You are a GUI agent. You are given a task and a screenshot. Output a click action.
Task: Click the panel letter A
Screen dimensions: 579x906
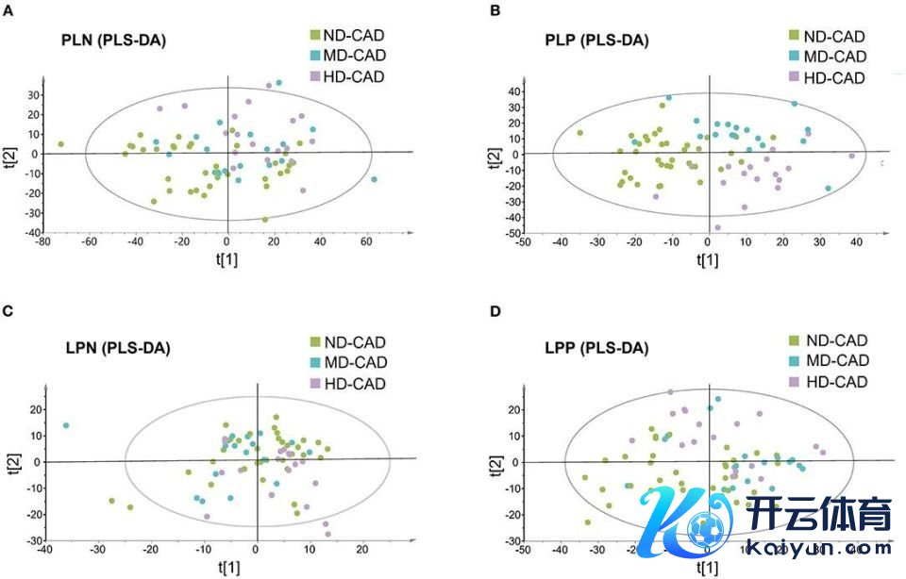8,9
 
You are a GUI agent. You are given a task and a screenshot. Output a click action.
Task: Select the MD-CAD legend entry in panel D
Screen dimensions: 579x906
826,361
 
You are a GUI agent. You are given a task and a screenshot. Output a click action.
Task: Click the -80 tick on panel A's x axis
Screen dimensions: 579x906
42,240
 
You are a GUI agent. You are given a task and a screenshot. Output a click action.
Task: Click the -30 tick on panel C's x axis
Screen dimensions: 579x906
96,547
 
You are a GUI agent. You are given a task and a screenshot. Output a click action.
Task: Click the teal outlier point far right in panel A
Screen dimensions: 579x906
375,179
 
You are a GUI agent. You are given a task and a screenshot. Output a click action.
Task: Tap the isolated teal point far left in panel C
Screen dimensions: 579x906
66,425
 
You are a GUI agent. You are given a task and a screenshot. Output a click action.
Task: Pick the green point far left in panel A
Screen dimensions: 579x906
60,144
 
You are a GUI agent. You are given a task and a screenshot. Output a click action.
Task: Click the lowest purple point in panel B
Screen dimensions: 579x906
717,227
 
